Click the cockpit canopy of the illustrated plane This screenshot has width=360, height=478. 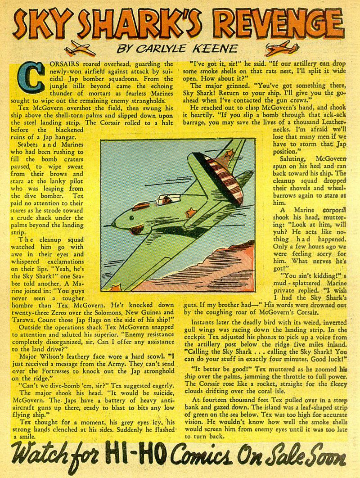pos(160,202)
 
